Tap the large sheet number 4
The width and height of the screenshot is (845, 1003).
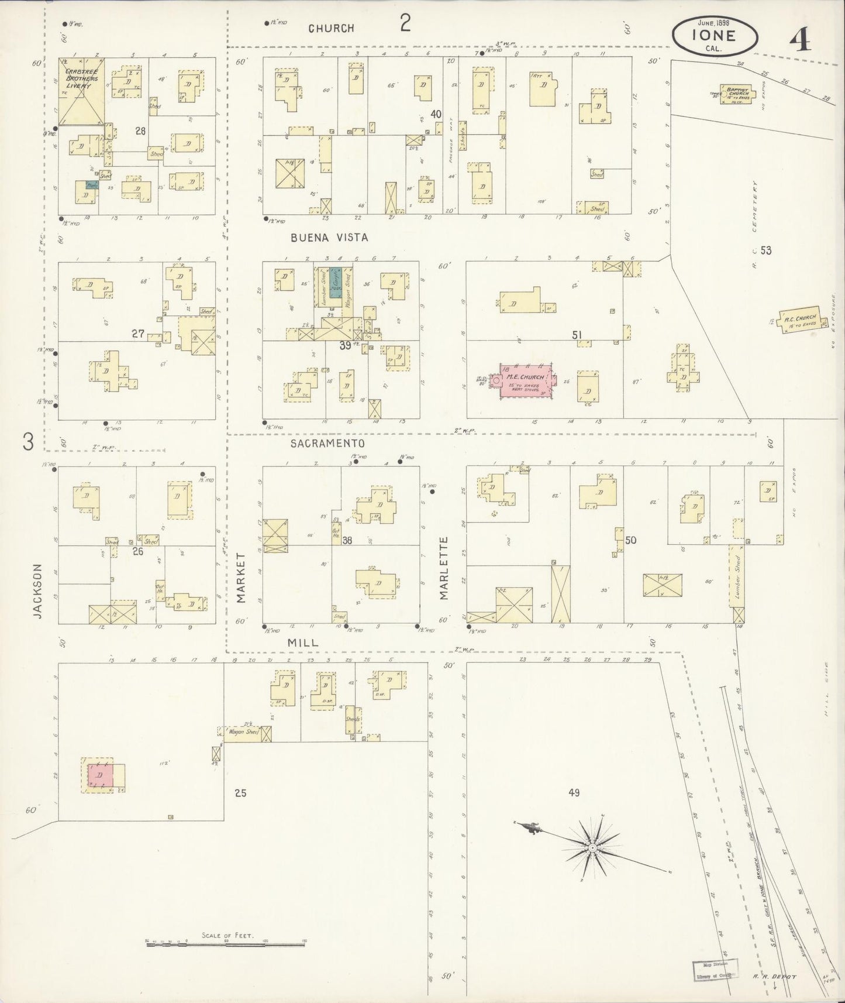[x=799, y=40]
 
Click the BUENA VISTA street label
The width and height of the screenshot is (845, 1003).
[x=330, y=238]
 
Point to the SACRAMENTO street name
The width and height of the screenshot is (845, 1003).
[x=327, y=444]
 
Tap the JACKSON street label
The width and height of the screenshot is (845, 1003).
[x=38, y=591]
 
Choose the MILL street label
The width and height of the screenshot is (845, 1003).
[x=303, y=643]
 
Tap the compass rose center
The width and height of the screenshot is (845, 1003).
[x=592, y=847]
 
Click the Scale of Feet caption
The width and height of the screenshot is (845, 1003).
[x=227, y=936]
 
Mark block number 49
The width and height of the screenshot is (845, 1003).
[x=573, y=793]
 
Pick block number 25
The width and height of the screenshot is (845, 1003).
[x=240, y=794]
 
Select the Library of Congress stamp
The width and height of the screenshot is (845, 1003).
[x=715, y=970]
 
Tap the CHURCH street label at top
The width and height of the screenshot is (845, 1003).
[x=332, y=28]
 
